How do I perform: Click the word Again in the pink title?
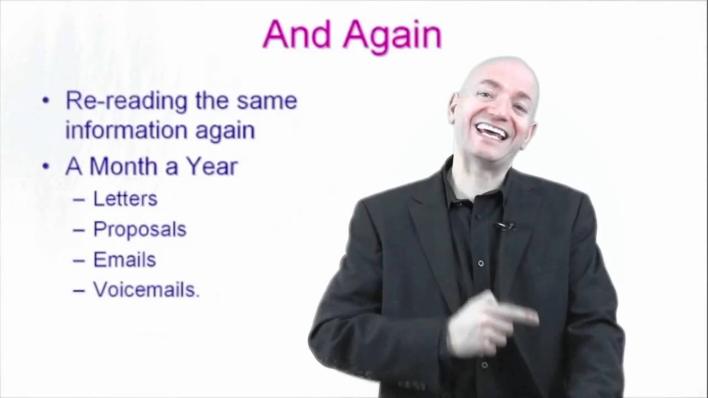(392, 36)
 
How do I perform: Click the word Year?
(211, 166)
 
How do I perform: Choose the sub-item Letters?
(125, 198)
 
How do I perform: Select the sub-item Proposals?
(139, 229)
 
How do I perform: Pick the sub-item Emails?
(124, 260)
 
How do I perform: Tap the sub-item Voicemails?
(146, 290)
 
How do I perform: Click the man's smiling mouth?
(492, 131)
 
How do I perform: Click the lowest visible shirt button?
(485, 365)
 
